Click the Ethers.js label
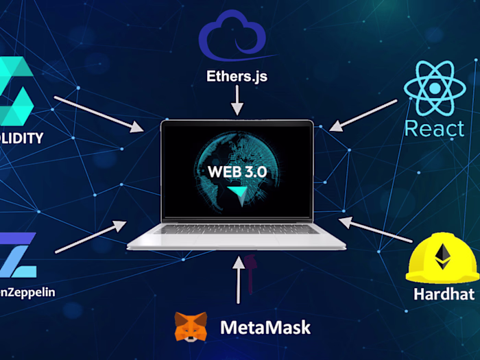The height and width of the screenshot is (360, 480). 237,76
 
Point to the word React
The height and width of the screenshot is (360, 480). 435,128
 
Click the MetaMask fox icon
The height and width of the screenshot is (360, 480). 191,327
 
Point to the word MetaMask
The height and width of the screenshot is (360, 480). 265,327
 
